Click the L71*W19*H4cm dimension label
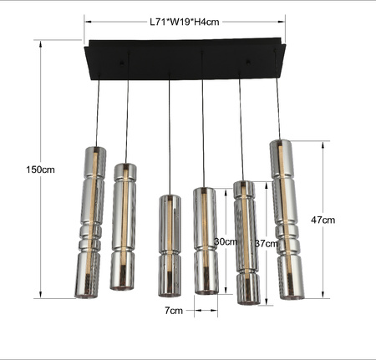point(184,23)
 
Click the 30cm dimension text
point(225,241)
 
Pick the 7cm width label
point(173,311)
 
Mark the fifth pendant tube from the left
point(245,242)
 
